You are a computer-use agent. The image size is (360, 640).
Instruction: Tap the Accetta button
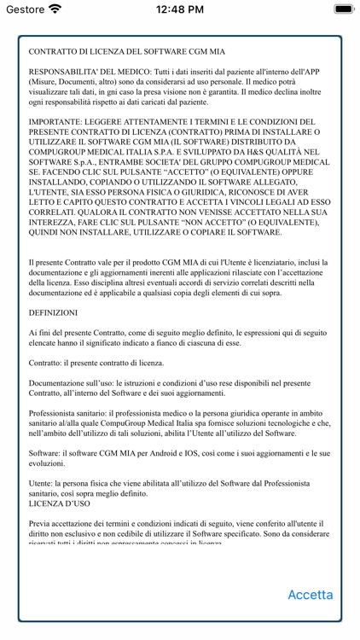click(x=310, y=595)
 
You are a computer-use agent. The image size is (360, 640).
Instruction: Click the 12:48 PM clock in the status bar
click(x=180, y=9)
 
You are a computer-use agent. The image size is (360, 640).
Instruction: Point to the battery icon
click(x=340, y=9)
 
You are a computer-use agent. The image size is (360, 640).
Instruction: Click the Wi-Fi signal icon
click(x=55, y=9)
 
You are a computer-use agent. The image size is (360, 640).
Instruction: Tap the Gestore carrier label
click(x=26, y=9)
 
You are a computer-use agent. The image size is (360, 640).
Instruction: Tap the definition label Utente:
click(x=44, y=481)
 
